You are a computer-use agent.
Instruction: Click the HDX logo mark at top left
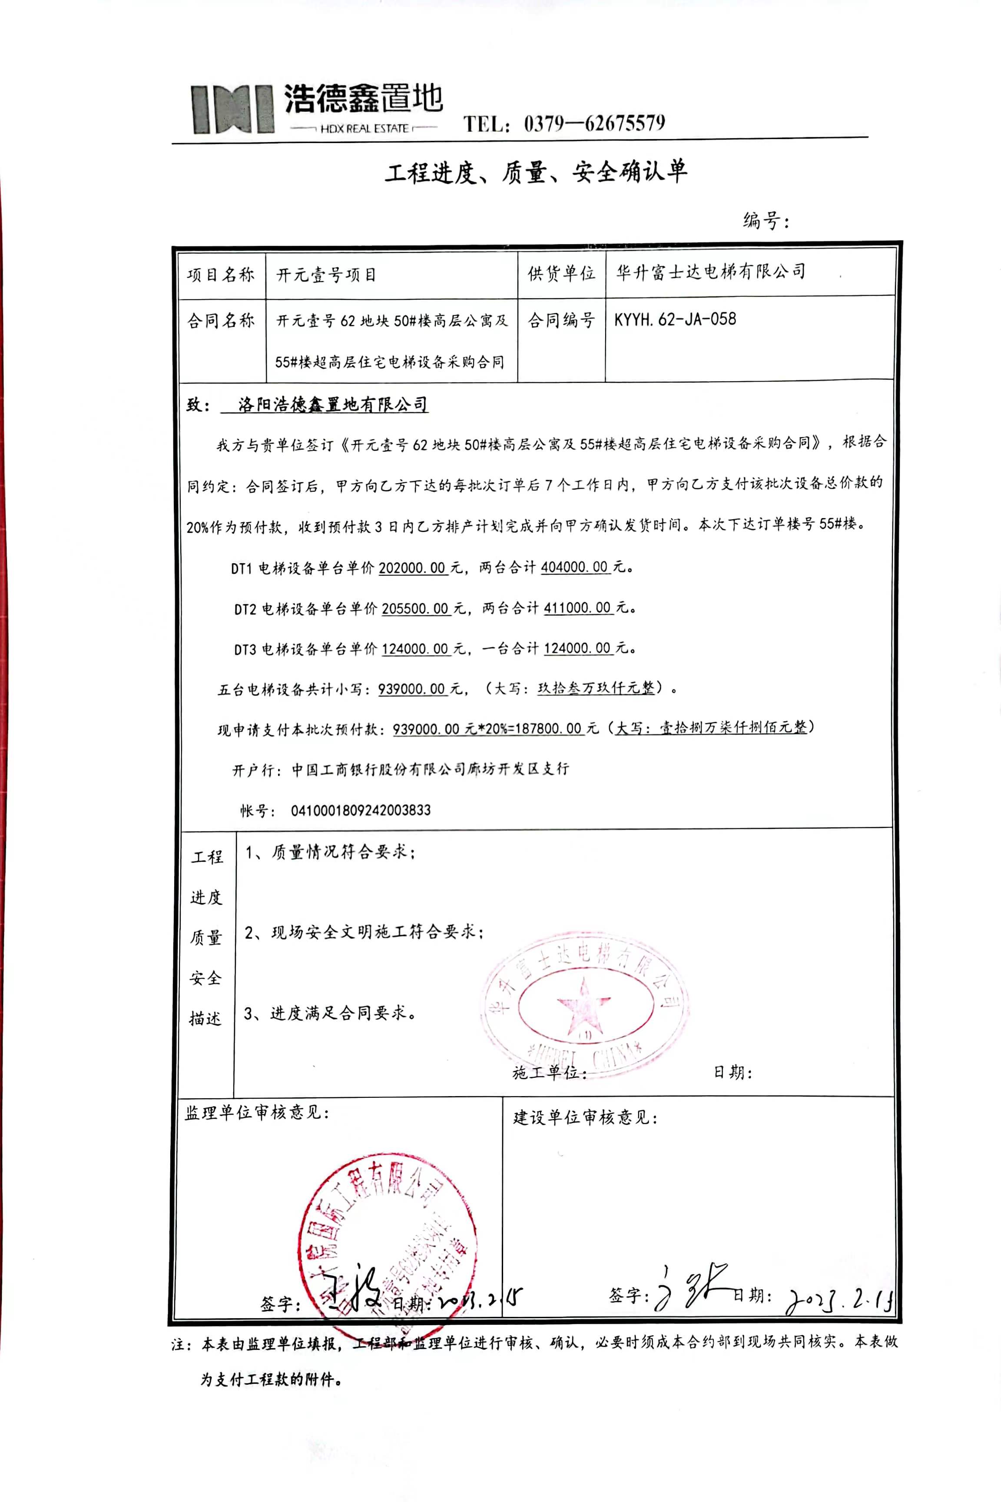point(232,109)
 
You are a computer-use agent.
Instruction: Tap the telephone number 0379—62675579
point(594,123)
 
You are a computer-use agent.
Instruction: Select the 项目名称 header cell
point(221,275)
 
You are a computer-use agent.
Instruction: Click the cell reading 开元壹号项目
point(326,275)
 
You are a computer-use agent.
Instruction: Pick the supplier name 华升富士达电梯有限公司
point(710,272)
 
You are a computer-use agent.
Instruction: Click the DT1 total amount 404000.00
point(574,567)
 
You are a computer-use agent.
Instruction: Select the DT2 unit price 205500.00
point(415,608)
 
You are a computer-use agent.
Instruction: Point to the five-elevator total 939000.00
point(412,689)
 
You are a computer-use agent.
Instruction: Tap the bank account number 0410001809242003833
point(361,811)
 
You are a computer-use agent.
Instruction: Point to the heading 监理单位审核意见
point(257,1113)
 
